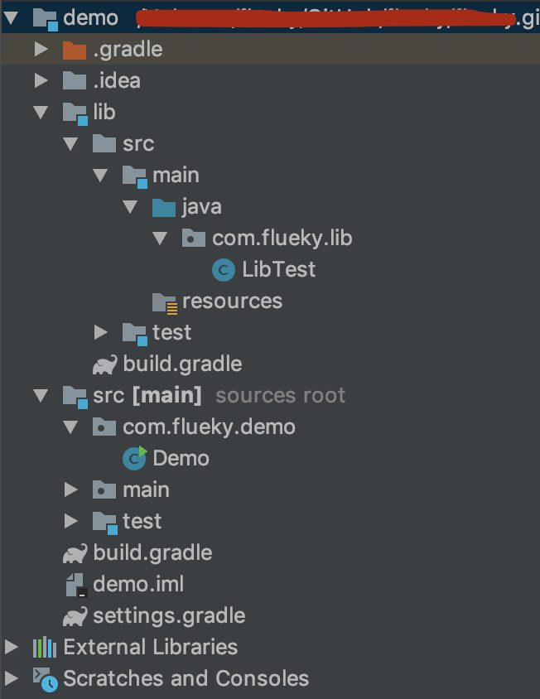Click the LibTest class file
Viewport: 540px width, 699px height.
pos(278,269)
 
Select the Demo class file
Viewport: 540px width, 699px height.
pos(181,458)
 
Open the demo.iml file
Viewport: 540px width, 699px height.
pos(138,584)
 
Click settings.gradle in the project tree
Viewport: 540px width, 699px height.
pos(169,615)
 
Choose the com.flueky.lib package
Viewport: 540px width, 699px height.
pos(282,238)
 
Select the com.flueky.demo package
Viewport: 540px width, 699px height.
pos(209,427)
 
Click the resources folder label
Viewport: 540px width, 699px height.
pos(232,301)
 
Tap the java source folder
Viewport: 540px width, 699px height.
pos(201,206)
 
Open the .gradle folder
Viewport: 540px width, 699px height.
pos(128,49)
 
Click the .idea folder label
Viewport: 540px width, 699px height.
pos(117,80)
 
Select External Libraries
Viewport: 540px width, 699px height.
pos(150,647)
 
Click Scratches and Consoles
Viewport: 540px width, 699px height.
pos(186,678)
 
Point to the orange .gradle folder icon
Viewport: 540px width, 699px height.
pos(75,50)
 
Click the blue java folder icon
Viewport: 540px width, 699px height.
pos(164,206)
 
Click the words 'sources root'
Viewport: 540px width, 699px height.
pos(280,395)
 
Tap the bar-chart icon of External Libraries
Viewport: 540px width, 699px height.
pos(44,647)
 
